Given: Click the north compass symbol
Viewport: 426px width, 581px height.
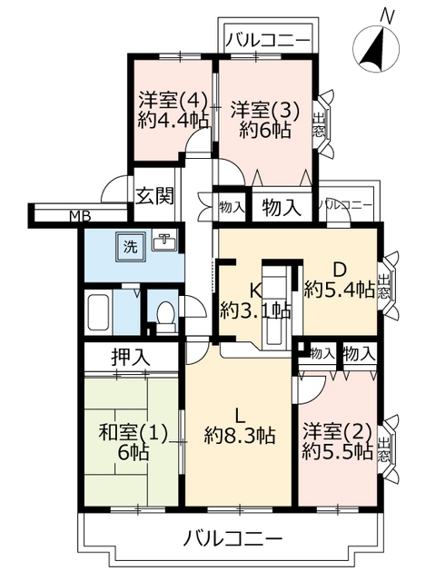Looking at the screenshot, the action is (376, 47).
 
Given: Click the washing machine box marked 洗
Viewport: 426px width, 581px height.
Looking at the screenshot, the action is (130, 246).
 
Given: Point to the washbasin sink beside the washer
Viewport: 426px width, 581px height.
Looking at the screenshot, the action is (164, 241).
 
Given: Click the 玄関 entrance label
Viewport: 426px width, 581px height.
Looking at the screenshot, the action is (154, 196).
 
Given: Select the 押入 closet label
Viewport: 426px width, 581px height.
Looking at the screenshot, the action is (131, 358).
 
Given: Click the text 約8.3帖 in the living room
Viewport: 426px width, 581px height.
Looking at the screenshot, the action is (240, 436).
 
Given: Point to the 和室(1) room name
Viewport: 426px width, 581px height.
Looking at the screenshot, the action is (134, 434).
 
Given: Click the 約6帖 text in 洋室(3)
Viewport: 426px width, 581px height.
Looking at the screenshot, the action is (264, 130).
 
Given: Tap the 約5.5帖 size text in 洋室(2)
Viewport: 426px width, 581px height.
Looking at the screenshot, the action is (337, 451).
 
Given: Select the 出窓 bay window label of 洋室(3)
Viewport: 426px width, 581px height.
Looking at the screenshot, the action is (319, 124).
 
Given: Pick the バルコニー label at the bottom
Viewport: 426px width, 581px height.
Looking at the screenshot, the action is (233, 538).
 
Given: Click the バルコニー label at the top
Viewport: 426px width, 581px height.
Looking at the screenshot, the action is (268, 39).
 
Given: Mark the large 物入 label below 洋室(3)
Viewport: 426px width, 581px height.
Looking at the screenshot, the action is (282, 208).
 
